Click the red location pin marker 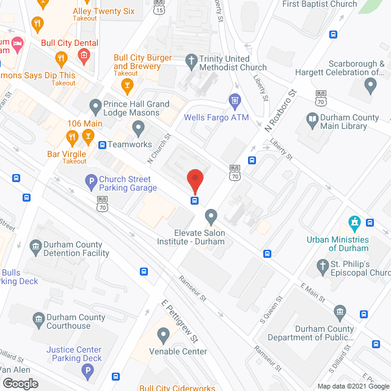pyautogui.click(x=195, y=178)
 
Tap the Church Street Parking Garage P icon pyautogui.click(x=90, y=180)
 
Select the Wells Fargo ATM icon pyautogui.click(x=234, y=100)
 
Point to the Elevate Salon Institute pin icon pyautogui.click(x=211, y=215)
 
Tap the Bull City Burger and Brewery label pyautogui.click(x=151, y=62)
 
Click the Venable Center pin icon pyautogui.click(x=163, y=334)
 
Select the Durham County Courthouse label pyautogui.click(x=76, y=321)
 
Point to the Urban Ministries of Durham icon pyautogui.click(x=353, y=222)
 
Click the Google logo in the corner pyautogui.click(x=20, y=383)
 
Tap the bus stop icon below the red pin pyautogui.click(x=195, y=200)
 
